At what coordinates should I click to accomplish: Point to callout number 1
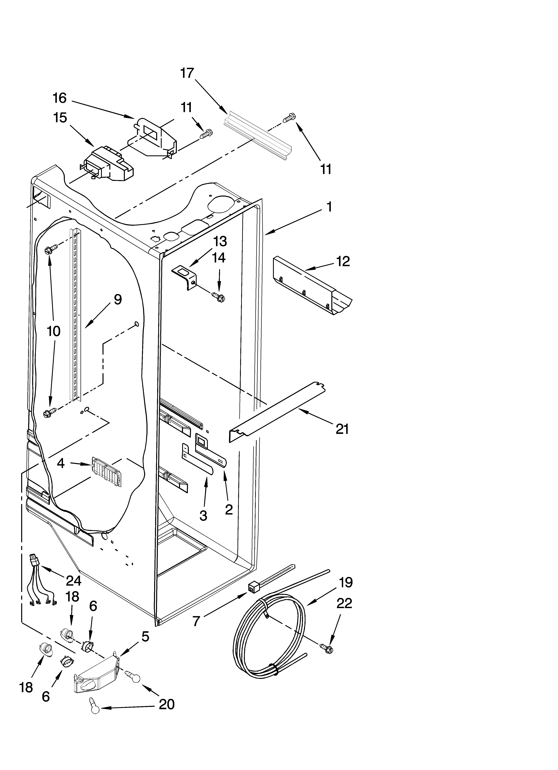tap(329, 207)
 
